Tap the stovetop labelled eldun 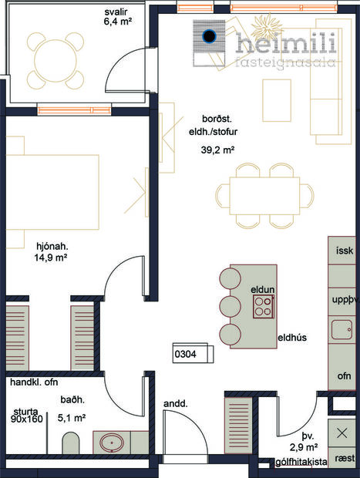[x=264, y=308]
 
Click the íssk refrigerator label [x=344, y=251]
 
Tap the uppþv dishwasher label [x=344, y=298]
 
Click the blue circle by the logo [x=208, y=35]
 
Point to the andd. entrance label [x=173, y=402]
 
